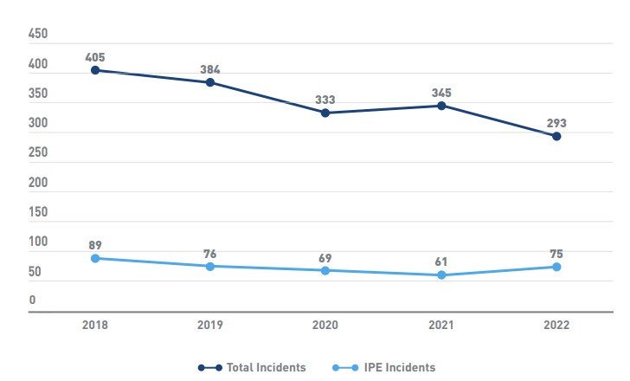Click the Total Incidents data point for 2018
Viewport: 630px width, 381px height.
(95, 70)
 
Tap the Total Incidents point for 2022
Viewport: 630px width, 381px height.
(556, 136)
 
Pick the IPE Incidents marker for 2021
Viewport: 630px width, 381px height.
(441, 275)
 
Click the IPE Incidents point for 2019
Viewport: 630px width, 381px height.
(210, 266)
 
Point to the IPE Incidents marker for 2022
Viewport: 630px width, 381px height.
(556, 267)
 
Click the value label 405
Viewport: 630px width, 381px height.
(95, 57)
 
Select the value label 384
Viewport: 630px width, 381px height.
(210, 69)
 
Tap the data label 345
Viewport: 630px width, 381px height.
(441, 93)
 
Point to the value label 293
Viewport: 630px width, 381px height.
(556, 123)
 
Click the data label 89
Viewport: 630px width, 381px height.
(95, 245)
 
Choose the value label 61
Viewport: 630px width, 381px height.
(441, 262)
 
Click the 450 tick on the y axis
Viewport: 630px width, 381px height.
(38, 35)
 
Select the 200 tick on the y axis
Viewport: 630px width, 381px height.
(38, 183)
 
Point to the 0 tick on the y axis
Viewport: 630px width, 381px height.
(33, 300)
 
